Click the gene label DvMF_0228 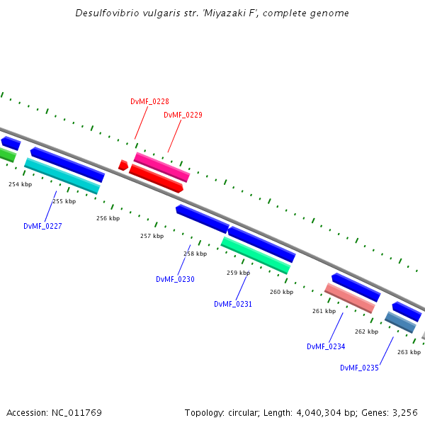point(149,101)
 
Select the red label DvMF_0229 point(183,115)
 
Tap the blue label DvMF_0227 point(42,226)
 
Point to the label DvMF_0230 point(175,279)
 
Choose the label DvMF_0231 point(233,304)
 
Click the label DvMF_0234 point(326,346)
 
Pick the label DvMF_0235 point(359,368)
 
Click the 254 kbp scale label point(20,184)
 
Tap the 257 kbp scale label point(152,236)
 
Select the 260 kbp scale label point(281,292)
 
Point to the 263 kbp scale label point(409,352)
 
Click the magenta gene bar point(162,167)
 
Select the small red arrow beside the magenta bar point(123,166)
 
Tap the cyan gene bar point(62,176)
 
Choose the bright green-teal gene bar point(255,255)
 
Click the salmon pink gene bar point(349,298)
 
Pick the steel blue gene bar point(400,322)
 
